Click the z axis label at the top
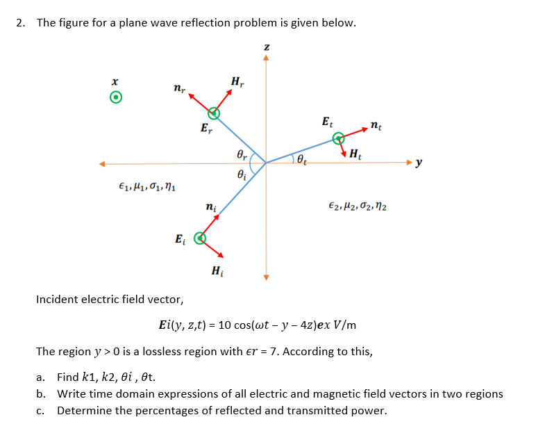click(x=265, y=46)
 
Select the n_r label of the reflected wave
click(x=178, y=88)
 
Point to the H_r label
click(x=237, y=81)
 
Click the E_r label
click(x=206, y=128)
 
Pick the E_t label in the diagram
click(x=327, y=122)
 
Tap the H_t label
click(x=355, y=154)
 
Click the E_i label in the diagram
click(x=180, y=240)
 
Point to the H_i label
click(x=217, y=270)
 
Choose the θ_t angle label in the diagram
click(x=301, y=161)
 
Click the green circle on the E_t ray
click(x=338, y=138)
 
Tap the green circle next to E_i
click(x=199, y=239)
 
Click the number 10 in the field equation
click(x=225, y=325)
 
